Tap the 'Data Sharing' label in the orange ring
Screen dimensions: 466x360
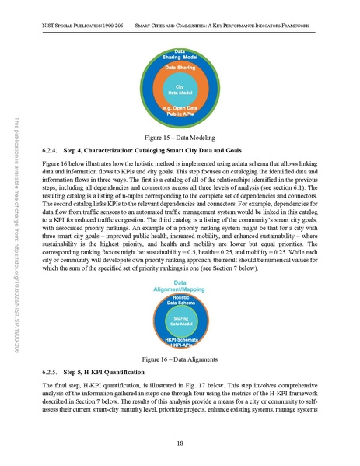tap(180, 68)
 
